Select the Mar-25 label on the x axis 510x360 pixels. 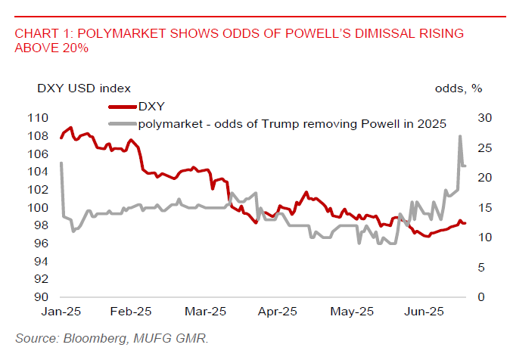point(207,312)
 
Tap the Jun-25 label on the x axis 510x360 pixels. point(425,312)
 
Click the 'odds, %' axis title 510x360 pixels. point(458,88)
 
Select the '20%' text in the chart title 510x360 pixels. point(75,48)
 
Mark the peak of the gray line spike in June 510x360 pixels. point(460,136)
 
